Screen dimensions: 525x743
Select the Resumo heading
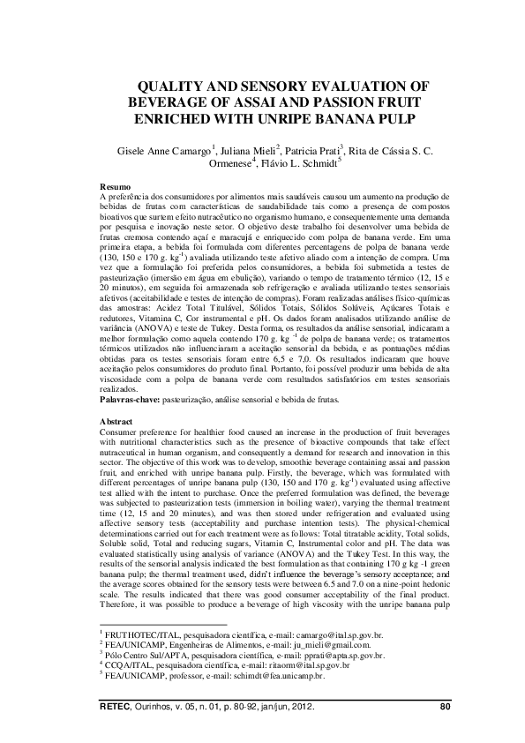pos(116,188)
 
